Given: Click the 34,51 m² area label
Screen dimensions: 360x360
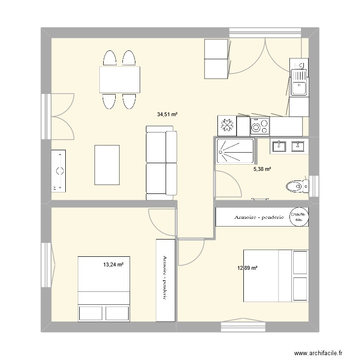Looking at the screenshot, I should coord(167,115).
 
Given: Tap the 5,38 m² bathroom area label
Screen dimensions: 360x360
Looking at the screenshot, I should coord(263,169).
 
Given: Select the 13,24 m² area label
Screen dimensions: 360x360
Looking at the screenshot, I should coord(114,264).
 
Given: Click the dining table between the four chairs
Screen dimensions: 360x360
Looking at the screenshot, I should coord(120,80).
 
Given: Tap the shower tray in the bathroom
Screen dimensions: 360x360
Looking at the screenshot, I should coord(235,151).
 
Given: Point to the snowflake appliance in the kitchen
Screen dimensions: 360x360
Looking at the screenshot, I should coord(226,126).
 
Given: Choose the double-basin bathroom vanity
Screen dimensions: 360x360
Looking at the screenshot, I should coord(289,146).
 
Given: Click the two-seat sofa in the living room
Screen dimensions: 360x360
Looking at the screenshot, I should coord(160,163).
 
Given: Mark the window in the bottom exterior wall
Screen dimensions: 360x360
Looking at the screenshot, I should coord(243,327).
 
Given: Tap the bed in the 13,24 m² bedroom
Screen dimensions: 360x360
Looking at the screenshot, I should coord(105,289).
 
